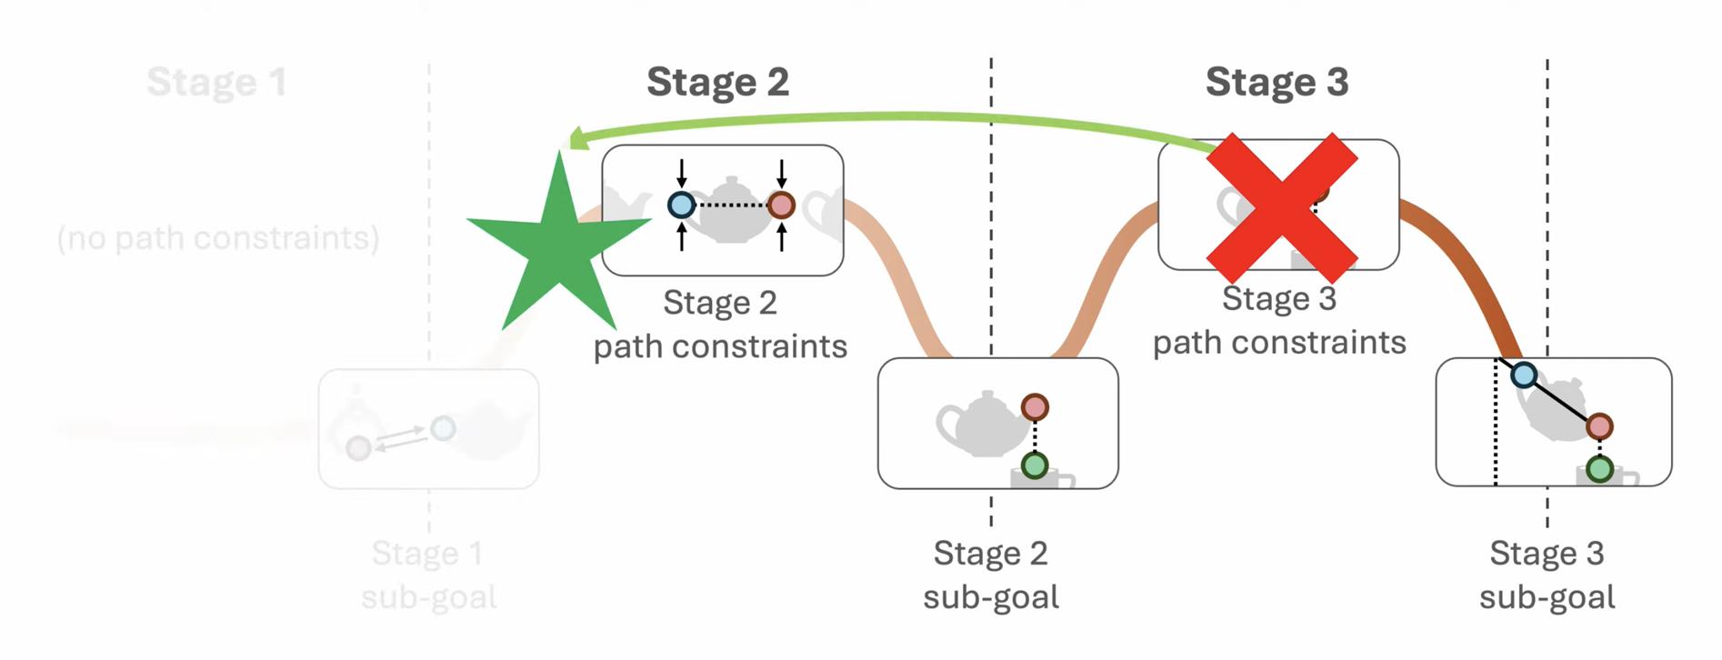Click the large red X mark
point(1282,208)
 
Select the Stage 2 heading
point(717,82)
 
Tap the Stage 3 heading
point(1276,82)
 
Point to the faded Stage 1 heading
point(216,82)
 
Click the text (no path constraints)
point(218,238)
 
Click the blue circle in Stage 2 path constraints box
point(681,205)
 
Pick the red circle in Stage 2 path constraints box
point(781,205)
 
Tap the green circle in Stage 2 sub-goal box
point(1035,466)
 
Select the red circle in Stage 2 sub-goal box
point(1035,407)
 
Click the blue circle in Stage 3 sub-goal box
point(1524,375)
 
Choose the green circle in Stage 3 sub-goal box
point(1599,470)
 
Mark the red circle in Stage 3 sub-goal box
point(1599,426)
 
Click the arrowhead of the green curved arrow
point(575,139)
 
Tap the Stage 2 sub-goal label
point(991,575)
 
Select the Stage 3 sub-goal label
point(1547,575)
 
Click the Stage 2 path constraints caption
point(720,325)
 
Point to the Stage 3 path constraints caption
point(1279,320)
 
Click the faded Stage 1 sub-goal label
point(428,575)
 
